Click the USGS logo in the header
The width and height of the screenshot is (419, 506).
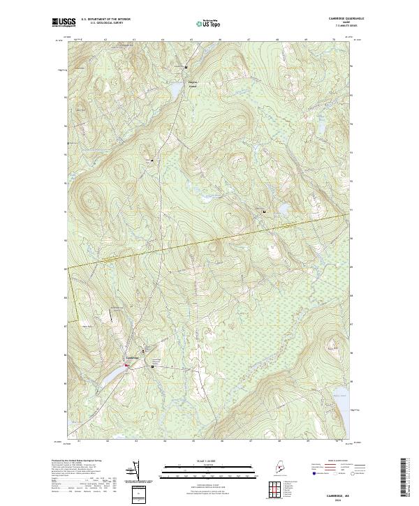(65, 22)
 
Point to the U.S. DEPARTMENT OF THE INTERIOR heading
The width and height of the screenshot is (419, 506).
(105, 20)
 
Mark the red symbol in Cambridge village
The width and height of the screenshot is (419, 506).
(127, 364)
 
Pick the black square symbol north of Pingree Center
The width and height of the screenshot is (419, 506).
(186, 66)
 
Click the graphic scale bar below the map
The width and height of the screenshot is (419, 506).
(209, 469)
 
